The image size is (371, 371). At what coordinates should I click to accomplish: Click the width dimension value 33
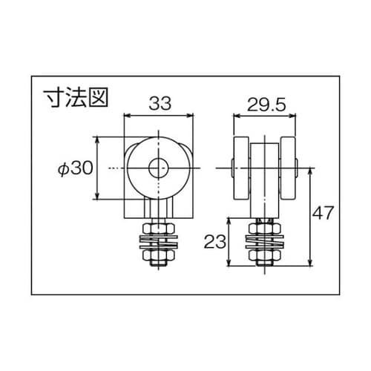click(x=157, y=104)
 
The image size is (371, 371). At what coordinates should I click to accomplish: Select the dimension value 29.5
click(x=266, y=104)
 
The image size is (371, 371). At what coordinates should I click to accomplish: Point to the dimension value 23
click(x=215, y=242)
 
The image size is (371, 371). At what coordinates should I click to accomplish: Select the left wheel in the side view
click(x=242, y=168)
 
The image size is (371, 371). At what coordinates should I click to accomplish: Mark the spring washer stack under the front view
click(x=157, y=242)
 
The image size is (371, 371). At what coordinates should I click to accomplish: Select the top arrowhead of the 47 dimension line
click(x=308, y=171)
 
